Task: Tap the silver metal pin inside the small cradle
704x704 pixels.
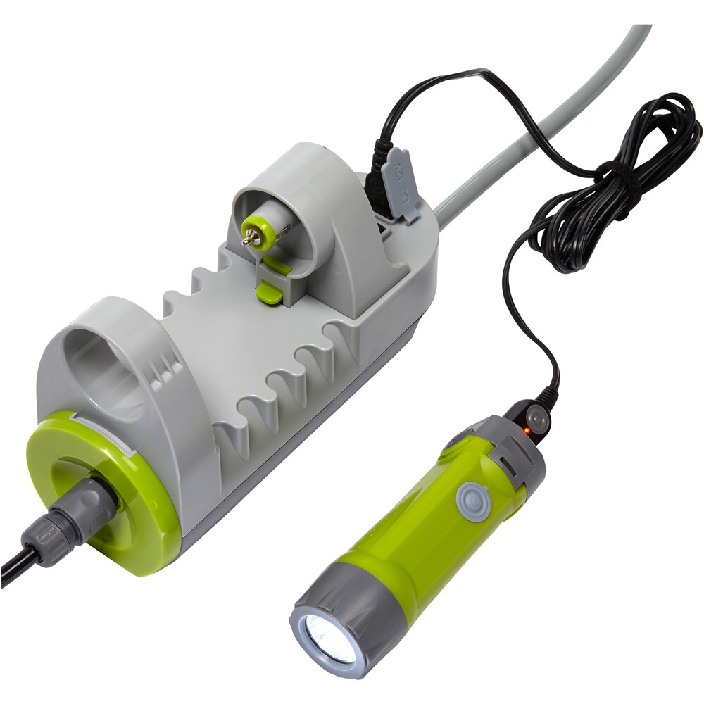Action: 249,241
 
